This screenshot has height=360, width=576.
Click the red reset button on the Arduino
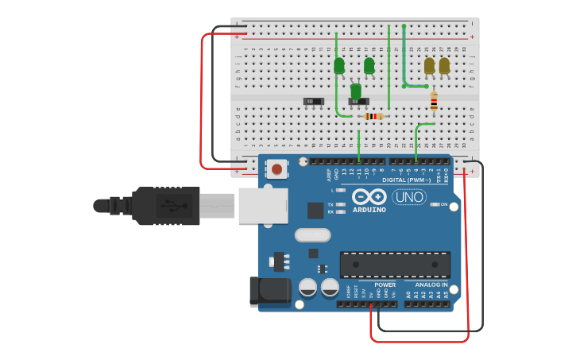coord(276,168)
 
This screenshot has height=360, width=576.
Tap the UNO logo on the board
coord(409,197)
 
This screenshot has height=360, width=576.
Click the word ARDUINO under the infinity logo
coord(369,210)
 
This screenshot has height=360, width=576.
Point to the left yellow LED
coord(430,65)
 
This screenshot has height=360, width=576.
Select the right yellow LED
coord(444,65)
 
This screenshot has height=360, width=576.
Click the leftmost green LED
coord(339,65)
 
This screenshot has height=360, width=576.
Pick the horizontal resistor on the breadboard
coord(373,116)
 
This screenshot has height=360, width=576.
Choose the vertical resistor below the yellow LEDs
coord(434,101)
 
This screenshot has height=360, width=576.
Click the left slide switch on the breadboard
coord(314,101)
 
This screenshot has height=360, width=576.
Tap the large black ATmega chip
coord(395,265)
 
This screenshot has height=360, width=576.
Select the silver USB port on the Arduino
coord(262,206)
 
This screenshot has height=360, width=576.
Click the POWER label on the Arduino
coord(385,285)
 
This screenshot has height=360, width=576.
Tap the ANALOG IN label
coord(431,285)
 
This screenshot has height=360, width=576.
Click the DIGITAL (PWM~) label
coord(408,180)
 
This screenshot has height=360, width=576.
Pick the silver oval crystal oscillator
coord(312,235)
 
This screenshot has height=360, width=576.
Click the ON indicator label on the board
coord(444,204)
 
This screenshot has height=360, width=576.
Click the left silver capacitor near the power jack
coord(307,287)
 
